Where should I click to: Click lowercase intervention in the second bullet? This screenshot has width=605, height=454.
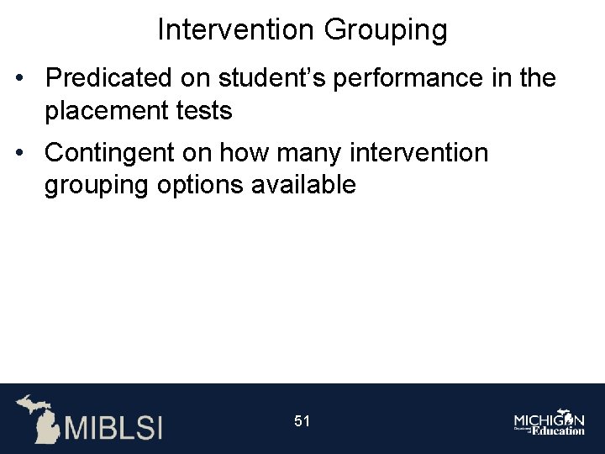(x=418, y=153)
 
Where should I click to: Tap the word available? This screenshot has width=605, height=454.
(x=303, y=184)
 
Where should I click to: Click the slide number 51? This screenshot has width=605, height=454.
(x=302, y=420)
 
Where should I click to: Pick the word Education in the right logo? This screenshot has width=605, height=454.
(x=555, y=430)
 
